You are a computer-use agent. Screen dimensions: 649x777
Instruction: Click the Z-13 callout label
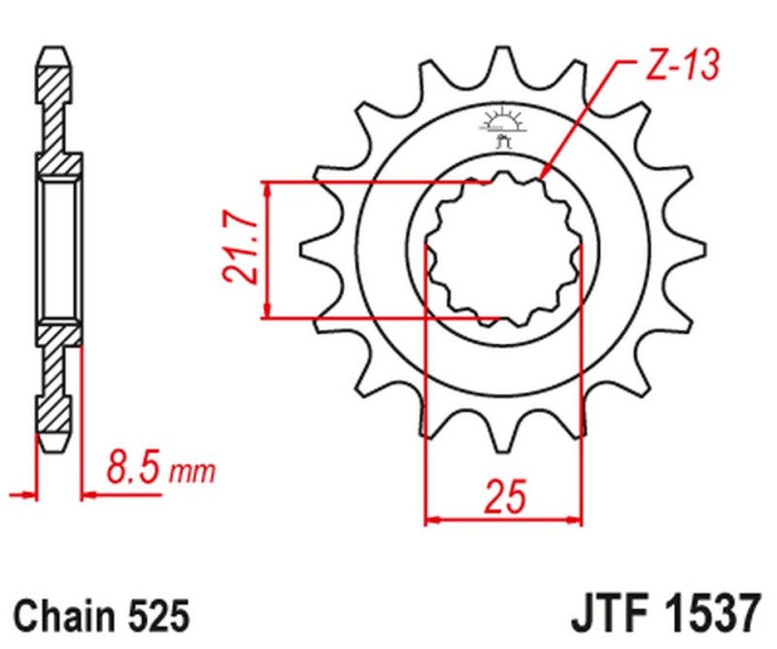tap(680, 65)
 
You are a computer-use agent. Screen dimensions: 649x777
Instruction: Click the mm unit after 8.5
tap(191, 475)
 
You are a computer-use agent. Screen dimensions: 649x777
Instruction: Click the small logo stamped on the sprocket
tap(502, 125)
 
